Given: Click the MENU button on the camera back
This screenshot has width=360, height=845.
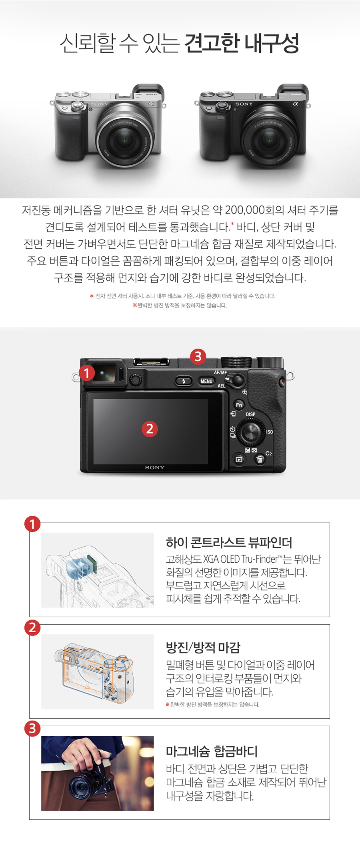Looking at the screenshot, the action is pos(206,381).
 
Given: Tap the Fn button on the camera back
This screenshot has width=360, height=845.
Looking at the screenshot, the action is pos(239,405).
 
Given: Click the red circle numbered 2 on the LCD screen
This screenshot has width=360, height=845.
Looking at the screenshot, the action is pos(150,429).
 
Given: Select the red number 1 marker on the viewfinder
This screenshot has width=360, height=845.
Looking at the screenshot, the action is pos(87,373).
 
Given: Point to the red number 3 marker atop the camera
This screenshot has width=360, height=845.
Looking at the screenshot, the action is pos(198,356).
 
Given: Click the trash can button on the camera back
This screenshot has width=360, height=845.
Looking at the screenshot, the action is pos(260,459).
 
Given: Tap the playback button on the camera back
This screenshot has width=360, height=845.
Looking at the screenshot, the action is pos(239,459).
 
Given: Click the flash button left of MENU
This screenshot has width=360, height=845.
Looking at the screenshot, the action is pos(184,381).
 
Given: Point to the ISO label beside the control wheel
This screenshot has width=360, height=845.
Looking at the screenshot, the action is pos(270,432).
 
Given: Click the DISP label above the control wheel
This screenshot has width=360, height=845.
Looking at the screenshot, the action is pos(250,414).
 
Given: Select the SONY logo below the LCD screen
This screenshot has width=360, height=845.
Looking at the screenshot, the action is pos(155,467).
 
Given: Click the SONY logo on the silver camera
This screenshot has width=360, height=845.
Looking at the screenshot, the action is pos(100,104).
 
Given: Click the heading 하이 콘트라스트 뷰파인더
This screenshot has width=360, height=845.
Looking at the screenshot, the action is pos(229,542).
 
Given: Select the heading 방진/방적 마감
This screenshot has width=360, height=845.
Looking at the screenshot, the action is pos(203,647).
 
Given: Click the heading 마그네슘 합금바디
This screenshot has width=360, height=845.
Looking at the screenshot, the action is pos(212,751).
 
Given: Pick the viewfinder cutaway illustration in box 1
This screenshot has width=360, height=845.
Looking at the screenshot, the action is pos(98,570).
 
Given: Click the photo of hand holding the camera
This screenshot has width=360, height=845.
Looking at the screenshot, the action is pos(98,773).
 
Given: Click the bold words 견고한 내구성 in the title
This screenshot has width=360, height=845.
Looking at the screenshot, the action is pos(242,43).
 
